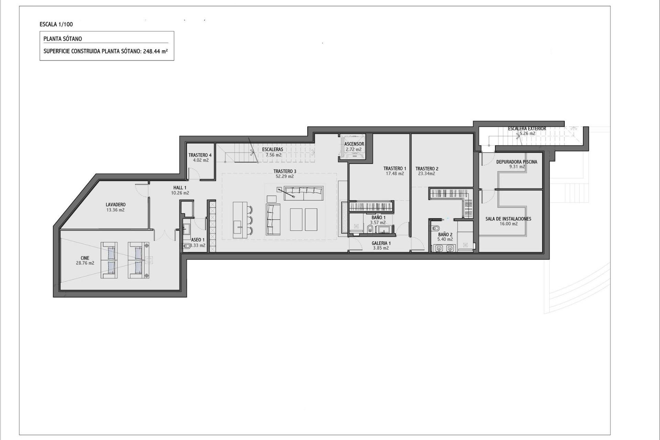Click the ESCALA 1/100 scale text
coord(56,24)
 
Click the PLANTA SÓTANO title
coord(63,39)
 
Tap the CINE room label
coord(85,258)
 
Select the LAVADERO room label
coord(115,205)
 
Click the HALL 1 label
coord(180,188)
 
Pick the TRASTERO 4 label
coord(200,155)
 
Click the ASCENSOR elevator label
coord(354,144)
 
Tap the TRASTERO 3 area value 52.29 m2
coord(285,177)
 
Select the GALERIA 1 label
coord(381,243)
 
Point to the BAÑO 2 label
coord(445,234)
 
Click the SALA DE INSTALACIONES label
coord(508,219)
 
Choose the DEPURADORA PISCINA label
coord(516,162)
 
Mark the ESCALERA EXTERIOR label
coord(527,129)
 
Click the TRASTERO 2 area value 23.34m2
coord(427,174)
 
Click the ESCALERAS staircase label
coord(273,150)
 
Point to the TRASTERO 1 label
coord(395,168)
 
